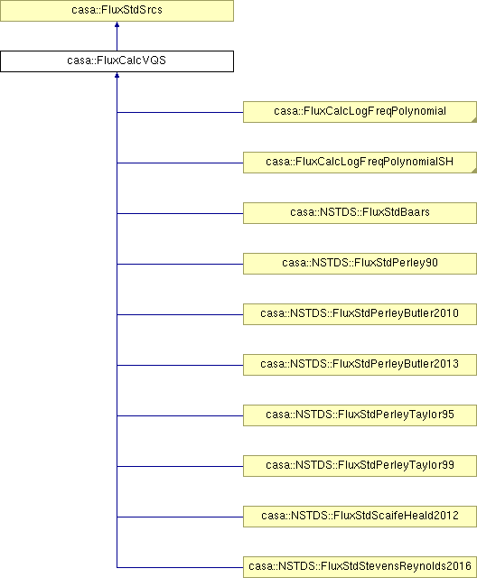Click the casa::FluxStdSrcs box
(x=117, y=10)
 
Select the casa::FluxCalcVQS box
(x=117, y=61)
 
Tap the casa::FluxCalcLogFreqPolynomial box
(x=360, y=112)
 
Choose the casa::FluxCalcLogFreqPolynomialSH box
(x=360, y=163)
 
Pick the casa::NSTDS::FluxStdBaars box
(x=360, y=213)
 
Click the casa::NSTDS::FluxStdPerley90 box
(x=360, y=264)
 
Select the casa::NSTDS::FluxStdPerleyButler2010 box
(x=360, y=314)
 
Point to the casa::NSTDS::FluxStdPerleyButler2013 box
(x=360, y=365)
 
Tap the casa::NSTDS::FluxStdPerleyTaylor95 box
(x=360, y=415)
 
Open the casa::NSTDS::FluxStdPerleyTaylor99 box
(x=360, y=466)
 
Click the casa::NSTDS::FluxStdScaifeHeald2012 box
(x=360, y=517)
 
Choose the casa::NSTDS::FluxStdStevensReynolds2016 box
(x=360, y=567)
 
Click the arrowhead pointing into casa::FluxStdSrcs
(x=117, y=24)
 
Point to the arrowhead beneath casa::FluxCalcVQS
(x=117, y=75)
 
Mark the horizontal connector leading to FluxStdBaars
(x=180, y=213)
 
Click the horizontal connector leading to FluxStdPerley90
(x=180, y=264)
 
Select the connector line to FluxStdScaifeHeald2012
(x=180, y=517)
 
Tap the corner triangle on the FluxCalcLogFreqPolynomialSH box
(x=475, y=171)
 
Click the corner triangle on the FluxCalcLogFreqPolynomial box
(x=475, y=120)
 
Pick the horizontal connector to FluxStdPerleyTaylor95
(x=180, y=415)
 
